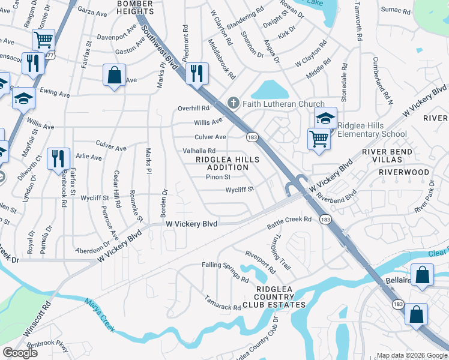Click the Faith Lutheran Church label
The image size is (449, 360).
tap(283, 104)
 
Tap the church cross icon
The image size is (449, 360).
tap(234, 104)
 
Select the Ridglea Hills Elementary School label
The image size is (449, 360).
tap(372, 130)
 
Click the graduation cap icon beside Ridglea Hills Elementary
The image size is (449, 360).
tap(325, 118)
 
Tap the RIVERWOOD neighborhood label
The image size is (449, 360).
tap(404, 172)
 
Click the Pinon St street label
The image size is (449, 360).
tap(218, 177)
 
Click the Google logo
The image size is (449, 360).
tap(20, 353)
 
